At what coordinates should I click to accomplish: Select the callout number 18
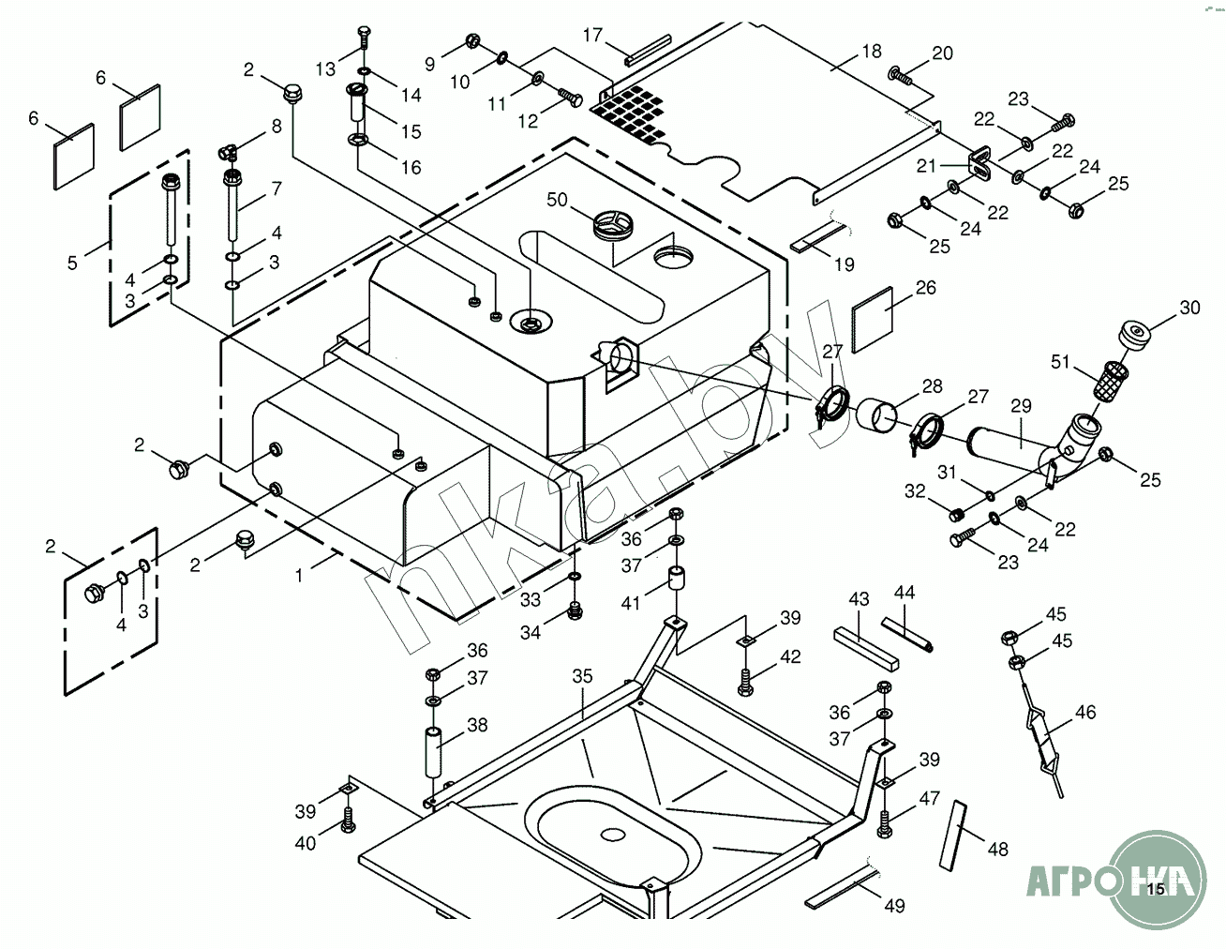tap(872, 51)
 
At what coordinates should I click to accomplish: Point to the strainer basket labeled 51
tap(1109, 382)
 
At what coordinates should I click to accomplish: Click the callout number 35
tap(583, 675)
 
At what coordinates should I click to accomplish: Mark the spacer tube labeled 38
tap(434, 751)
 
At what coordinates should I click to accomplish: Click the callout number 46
tap(1085, 713)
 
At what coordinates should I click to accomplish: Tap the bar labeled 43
tap(866, 647)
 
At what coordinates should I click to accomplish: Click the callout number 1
tap(300, 575)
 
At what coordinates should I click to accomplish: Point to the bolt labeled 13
tap(363, 41)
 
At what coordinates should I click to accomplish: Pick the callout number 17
tap(593, 36)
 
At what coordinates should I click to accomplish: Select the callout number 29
tap(1021, 406)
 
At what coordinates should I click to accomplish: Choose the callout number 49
tap(895, 906)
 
